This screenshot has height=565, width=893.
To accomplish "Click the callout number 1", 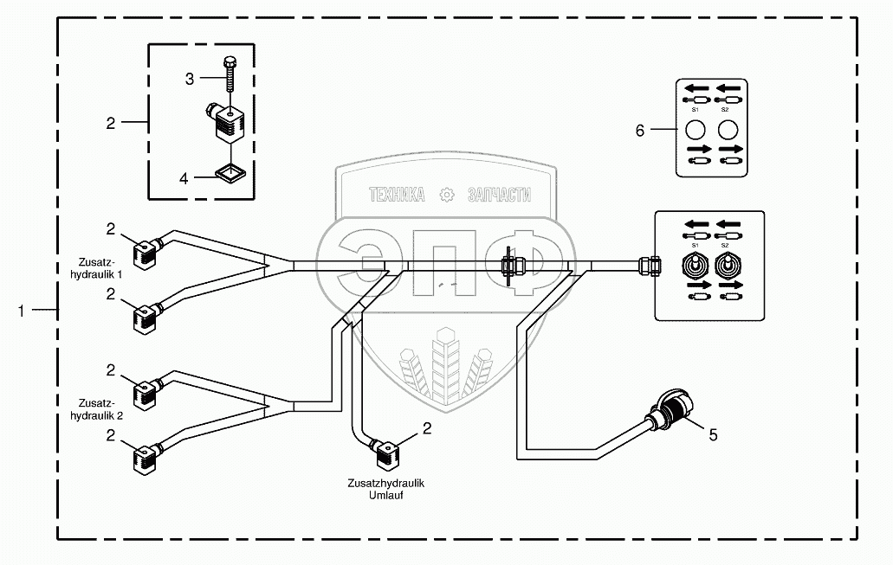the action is pos(21,311).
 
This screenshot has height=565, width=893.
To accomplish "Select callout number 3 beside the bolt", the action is pos(190,79).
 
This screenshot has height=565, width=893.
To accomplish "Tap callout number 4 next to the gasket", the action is pos(184,178).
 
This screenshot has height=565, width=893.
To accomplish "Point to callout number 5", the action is pos(713,435).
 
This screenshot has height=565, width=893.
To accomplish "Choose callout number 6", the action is pos(639,131).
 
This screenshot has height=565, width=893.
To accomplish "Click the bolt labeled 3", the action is pos(230,74).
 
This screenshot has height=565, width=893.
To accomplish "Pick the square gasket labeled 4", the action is pos(230,170).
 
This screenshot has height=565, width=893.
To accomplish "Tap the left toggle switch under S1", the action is pos(695,266).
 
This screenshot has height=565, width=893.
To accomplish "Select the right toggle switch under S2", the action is pos(727,266).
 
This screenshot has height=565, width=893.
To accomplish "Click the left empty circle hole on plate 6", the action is pos(695,131).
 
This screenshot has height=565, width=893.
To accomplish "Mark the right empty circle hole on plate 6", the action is pos(728,131).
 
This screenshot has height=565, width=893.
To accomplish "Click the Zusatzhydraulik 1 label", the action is pos(96,268).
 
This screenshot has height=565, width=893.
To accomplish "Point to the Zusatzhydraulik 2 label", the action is pos(96,409).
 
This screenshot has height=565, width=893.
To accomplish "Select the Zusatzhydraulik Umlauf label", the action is pos(386,489).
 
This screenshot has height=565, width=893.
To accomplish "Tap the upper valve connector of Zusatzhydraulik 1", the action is pos(146,254).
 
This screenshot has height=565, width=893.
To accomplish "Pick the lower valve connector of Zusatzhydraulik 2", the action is pos(146,458).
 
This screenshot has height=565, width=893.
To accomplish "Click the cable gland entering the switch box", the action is pos(650,266).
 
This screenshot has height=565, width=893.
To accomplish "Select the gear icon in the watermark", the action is pos(447,196).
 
